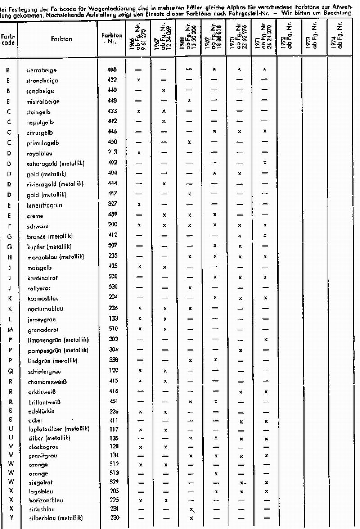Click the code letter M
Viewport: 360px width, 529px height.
click(9, 329)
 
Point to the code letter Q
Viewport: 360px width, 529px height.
click(9, 371)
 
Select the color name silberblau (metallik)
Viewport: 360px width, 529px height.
click(52, 518)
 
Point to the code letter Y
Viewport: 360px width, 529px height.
click(9, 518)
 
